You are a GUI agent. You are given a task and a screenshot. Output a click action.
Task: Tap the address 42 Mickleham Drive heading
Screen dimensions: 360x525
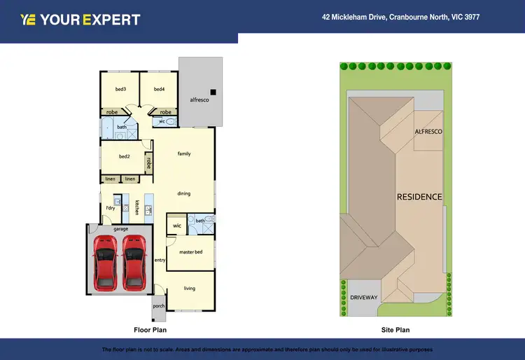point(400,18)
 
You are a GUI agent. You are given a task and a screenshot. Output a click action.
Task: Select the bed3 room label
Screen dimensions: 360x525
point(120,89)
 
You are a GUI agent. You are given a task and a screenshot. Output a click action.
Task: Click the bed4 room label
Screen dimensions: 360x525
point(159,89)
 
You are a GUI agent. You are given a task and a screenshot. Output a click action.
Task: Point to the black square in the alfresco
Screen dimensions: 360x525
point(214,92)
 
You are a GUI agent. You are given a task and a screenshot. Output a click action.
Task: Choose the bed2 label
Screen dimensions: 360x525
point(125,156)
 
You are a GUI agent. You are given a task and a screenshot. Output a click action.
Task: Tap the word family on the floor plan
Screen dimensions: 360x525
point(184,153)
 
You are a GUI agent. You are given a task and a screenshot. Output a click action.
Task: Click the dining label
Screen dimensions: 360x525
point(183,193)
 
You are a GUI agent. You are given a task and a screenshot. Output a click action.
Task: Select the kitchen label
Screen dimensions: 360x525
point(137,207)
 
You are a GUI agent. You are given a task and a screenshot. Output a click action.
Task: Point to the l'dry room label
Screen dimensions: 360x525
point(110,208)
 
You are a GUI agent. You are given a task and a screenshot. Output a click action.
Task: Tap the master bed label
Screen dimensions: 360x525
point(190,251)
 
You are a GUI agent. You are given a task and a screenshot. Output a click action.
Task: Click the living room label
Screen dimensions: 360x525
point(189,288)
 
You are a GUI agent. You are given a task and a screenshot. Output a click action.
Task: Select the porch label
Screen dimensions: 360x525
point(158,305)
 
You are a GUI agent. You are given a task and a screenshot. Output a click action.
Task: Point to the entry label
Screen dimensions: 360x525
point(160,260)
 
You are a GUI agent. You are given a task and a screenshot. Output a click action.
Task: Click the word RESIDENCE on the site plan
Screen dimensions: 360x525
point(420,197)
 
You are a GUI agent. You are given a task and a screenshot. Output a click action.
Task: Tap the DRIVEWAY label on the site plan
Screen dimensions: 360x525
point(364,298)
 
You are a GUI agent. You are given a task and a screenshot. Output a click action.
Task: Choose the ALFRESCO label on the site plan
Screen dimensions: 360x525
point(428,131)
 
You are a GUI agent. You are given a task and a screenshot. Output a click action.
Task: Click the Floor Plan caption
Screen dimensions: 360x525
point(150,329)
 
